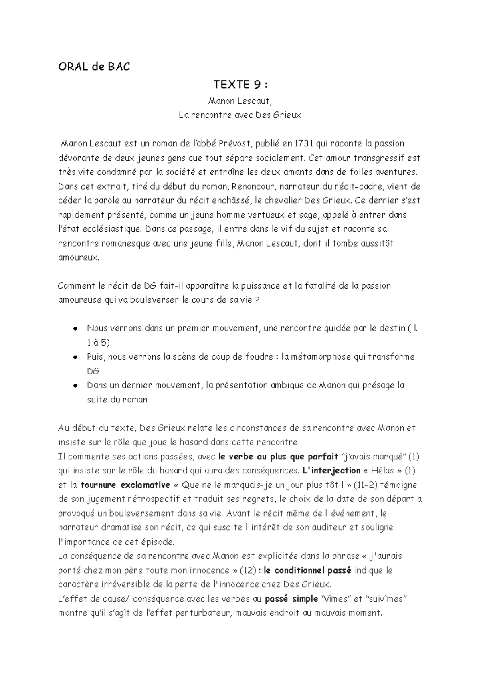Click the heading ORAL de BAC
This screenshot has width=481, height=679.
(x=94, y=67)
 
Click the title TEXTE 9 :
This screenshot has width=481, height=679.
(x=240, y=85)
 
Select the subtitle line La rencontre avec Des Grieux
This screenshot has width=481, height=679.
(x=240, y=115)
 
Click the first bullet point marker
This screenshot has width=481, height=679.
(x=75, y=329)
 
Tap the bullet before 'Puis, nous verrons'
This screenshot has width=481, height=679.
(x=75, y=357)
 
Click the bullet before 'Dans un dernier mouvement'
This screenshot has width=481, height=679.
(x=75, y=386)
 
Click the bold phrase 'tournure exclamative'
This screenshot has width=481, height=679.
(x=125, y=485)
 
